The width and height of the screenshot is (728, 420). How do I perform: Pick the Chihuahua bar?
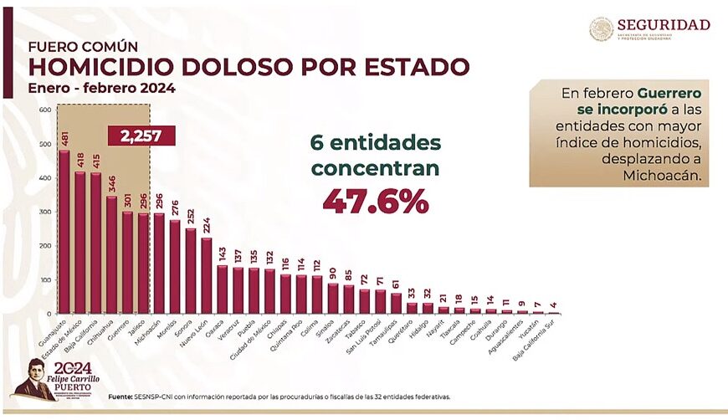111,255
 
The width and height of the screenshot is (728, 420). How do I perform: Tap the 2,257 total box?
141,136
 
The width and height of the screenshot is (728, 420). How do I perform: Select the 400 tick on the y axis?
44,178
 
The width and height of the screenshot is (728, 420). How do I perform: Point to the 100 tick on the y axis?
44,280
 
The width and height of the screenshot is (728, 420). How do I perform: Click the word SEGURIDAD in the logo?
664,24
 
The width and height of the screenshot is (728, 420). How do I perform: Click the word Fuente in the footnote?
120,396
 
